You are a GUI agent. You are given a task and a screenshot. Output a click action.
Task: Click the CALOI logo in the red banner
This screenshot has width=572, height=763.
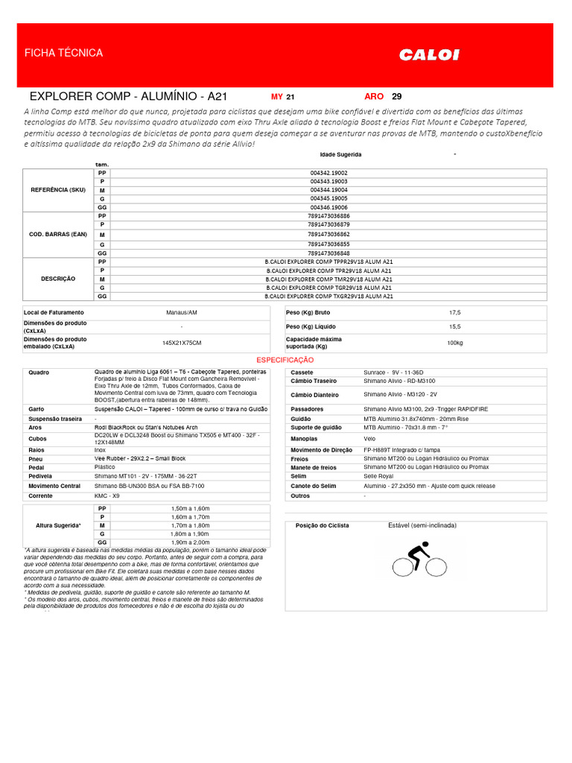point(429,54)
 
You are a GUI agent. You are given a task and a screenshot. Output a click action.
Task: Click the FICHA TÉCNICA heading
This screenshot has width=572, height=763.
point(64,53)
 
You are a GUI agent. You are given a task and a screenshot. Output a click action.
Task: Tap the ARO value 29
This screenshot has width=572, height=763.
point(396,97)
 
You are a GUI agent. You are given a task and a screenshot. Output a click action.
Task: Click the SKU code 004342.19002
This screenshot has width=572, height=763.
point(328,173)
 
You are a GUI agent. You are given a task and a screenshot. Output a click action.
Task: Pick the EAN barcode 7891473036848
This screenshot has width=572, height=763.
point(328,253)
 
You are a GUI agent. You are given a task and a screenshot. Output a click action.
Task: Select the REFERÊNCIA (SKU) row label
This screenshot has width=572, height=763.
point(58,190)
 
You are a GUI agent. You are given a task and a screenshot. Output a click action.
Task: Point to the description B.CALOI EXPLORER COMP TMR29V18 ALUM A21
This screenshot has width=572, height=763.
point(328,279)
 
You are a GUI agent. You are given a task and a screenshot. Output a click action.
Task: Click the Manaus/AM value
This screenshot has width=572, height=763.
point(182,312)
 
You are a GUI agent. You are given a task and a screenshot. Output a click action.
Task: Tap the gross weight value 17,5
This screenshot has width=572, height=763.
point(454,312)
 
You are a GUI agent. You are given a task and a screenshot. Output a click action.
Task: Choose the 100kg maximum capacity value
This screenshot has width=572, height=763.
point(454,343)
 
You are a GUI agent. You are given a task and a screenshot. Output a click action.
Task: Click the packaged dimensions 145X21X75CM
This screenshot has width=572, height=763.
point(182,343)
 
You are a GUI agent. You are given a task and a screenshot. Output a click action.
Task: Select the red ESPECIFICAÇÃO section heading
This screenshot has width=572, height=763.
point(285,359)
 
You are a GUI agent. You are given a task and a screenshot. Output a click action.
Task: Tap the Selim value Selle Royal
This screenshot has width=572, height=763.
point(378,476)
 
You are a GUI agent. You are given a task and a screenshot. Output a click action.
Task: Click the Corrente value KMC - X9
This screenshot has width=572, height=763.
point(107,496)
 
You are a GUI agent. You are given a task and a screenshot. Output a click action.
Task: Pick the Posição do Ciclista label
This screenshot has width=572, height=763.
point(322,525)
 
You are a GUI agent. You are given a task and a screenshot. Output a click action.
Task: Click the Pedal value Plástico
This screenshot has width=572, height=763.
point(105,466)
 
